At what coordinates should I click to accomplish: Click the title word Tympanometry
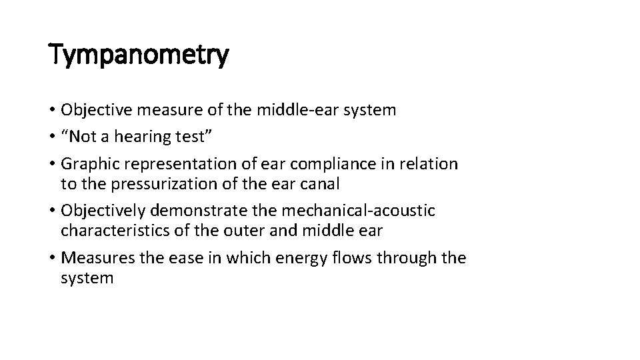(x=139, y=55)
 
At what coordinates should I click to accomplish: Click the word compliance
(x=330, y=163)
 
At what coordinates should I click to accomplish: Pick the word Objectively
(x=104, y=211)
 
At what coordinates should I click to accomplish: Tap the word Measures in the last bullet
(x=93, y=257)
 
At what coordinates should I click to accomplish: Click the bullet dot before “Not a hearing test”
(x=52, y=137)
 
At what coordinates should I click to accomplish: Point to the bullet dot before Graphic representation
(x=52, y=163)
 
